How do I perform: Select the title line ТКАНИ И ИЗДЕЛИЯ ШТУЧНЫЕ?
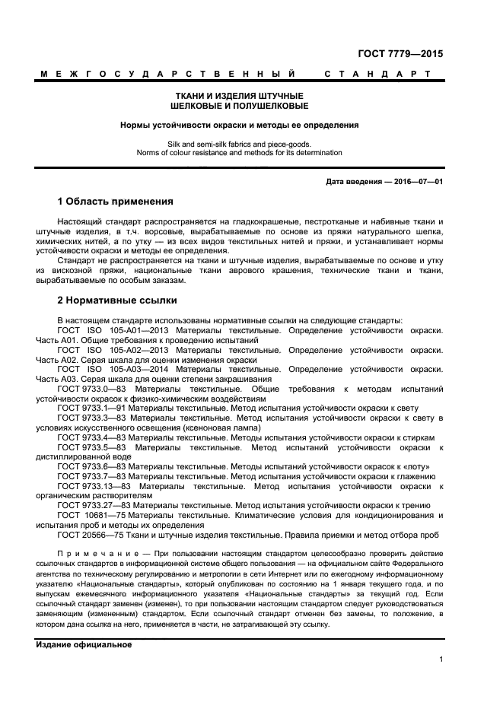(240, 96)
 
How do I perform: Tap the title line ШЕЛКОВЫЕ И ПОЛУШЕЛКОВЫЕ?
(240, 106)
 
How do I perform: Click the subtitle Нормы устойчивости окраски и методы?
(240, 125)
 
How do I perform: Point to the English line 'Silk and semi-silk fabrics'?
(240, 143)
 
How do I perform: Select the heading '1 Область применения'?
(115, 202)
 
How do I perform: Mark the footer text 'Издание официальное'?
(84, 644)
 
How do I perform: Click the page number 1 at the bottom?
(441, 660)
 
